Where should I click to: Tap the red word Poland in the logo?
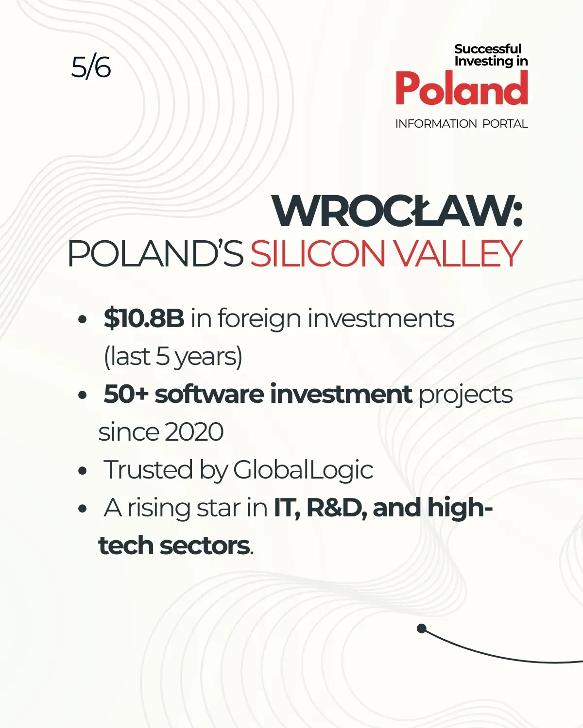coord(462,88)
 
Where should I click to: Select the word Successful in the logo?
coord(487,49)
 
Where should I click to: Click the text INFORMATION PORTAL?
coord(462,124)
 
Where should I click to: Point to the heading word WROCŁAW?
coord(393,211)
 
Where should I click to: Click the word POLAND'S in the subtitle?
coord(155,254)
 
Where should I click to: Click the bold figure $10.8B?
coord(144,318)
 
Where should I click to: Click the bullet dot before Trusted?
coord(82,471)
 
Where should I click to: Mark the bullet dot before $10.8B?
coord(82,319)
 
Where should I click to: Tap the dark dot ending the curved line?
coord(421,629)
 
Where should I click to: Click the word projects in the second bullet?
coord(466,395)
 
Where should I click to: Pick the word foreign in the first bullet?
coord(259,319)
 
